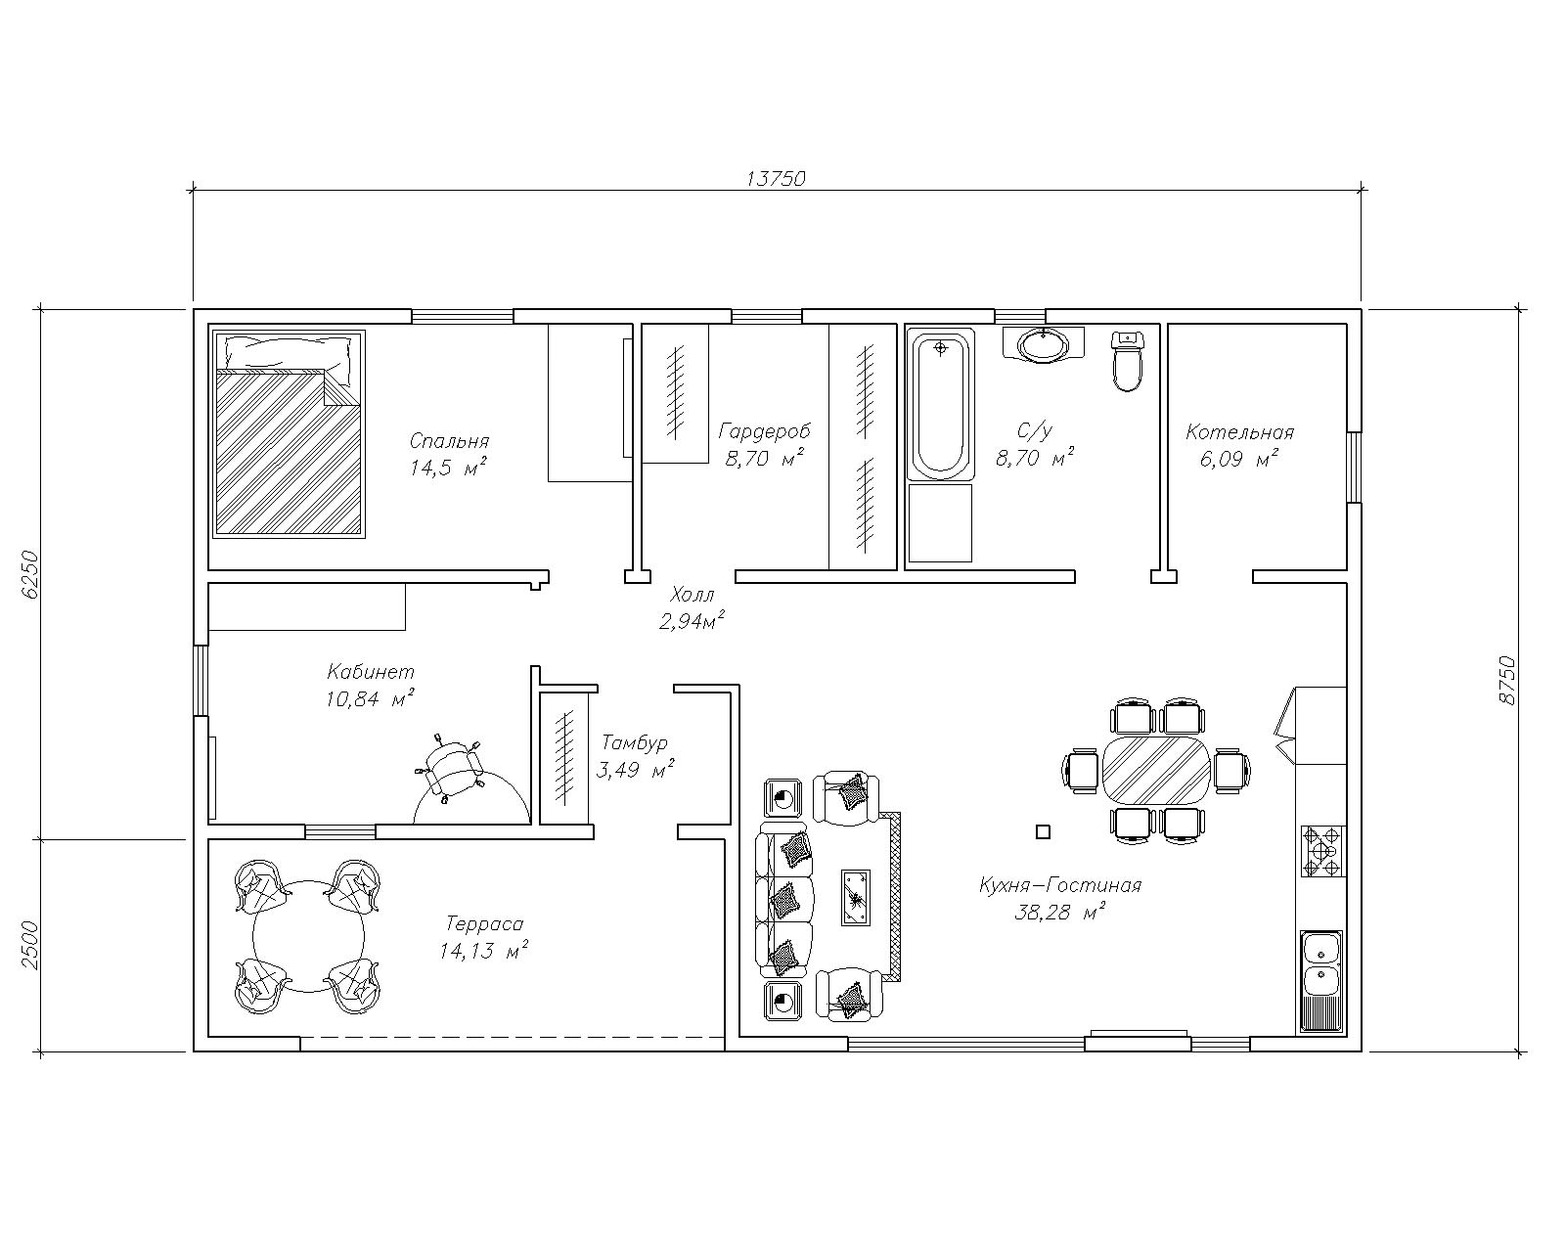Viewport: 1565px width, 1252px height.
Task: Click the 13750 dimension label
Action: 776,178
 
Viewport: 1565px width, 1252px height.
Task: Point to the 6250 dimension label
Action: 29,574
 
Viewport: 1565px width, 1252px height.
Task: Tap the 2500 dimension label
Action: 29,945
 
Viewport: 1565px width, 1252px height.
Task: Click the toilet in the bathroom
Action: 1127,361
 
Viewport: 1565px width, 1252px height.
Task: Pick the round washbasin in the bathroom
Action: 1044,344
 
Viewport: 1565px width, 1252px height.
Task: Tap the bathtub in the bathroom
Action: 940,404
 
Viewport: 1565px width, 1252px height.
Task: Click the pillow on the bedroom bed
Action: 288,353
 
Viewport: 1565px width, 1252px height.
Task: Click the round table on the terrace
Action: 307,935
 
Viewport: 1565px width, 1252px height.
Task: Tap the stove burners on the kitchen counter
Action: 1322,850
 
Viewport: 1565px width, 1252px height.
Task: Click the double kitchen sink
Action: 1322,963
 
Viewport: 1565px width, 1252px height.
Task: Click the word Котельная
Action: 1239,432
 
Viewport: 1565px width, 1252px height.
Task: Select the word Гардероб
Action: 764,431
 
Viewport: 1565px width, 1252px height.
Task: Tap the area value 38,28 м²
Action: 1059,911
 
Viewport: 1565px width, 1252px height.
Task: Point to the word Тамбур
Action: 634,742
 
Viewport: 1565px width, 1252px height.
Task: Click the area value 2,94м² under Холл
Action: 692,620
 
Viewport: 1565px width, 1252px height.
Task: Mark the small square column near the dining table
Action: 1043,831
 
